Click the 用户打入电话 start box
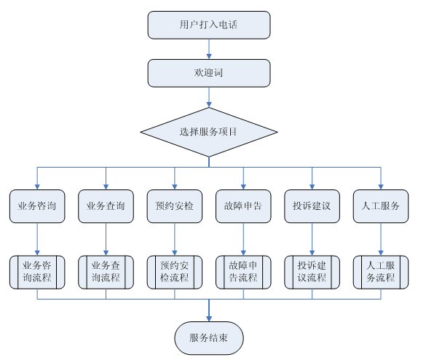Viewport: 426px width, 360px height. (209, 25)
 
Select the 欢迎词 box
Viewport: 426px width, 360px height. (209, 73)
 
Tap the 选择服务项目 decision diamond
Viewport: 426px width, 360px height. (209, 132)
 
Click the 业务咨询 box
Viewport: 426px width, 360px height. (37, 206)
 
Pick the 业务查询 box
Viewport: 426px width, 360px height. (106, 206)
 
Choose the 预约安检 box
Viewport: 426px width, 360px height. (175, 206)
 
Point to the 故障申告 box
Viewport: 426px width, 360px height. (243, 206)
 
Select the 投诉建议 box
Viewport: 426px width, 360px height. (312, 206)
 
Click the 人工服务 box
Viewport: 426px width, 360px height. (381, 206)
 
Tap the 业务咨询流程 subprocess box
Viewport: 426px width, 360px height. (37, 272)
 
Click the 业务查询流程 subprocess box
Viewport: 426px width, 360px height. (106, 272)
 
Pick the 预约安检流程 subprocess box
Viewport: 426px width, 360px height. (175, 272)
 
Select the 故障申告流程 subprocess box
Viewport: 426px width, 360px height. (243, 272)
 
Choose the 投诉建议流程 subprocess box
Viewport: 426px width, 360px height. (312, 272)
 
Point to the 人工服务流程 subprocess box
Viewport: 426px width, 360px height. (381, 272)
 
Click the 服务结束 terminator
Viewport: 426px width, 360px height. (209, 338)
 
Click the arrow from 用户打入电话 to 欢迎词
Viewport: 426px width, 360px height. (209, 50)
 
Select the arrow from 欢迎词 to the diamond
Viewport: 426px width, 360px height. (209, 98)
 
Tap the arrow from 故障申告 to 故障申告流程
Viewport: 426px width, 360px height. (243, 239)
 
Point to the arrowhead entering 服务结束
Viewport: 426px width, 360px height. (209, 318)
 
